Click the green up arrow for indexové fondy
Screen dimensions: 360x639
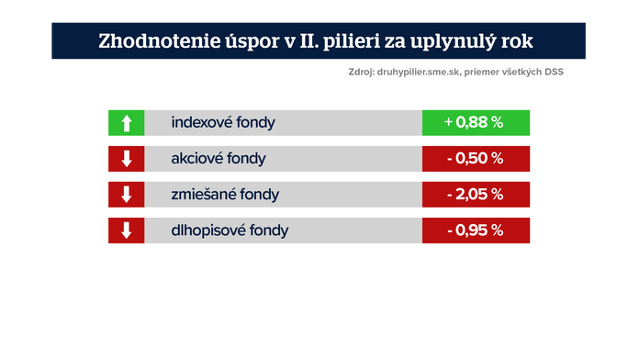127,122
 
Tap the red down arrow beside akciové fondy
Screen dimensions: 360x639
127,158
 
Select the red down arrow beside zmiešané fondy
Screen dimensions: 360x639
127,194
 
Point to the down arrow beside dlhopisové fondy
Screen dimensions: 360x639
127,230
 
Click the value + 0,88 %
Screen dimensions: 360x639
475,122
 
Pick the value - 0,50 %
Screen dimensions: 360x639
475,158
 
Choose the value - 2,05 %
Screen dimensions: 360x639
475,194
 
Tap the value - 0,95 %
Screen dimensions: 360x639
475,230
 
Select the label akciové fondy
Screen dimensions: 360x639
218,158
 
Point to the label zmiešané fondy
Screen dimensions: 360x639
225,194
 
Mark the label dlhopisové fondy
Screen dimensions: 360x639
230,230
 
